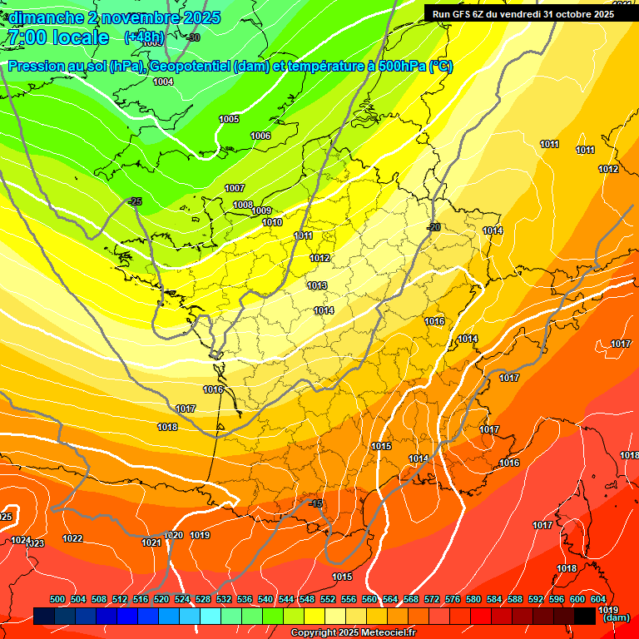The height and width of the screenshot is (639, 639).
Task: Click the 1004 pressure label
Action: [x=163, y=82]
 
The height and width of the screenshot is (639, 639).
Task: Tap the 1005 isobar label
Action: [x=229, y=119]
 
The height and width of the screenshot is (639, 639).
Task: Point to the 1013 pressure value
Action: [x=316, y=285]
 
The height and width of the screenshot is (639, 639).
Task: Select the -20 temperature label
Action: [x=433, y=227]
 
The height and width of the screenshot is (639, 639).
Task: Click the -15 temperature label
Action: [x=315, y=503]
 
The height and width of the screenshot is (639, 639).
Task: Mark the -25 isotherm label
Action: [x=135, y=201]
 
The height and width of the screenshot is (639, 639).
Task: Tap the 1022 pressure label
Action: [x=72, y=538]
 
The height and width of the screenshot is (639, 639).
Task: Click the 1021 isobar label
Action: [x=151, y=542]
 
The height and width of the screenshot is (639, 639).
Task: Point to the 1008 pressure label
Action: [x=242, y=205]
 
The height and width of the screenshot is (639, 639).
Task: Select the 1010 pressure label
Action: [x=272, y=222]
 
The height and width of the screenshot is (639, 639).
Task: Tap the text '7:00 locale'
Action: [x=57, y=37]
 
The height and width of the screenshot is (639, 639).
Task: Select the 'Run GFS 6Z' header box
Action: [x=523, y=13]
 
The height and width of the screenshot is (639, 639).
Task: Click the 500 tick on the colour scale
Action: [x=57, y=599]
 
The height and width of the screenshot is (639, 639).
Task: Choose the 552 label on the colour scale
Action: [x=328, y=599]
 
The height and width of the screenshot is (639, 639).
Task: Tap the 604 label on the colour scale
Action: [x=598, y=599]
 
